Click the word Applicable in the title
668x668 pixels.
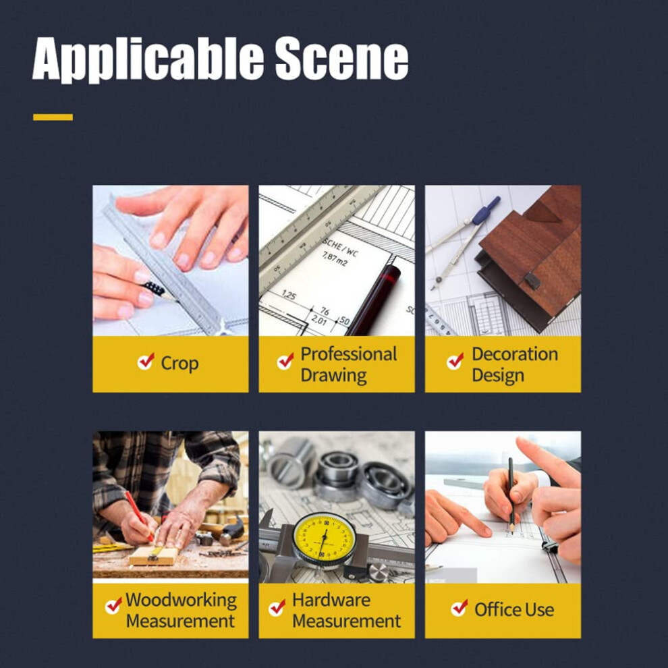tap(148, 59)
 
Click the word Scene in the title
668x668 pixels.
tap(341, 58)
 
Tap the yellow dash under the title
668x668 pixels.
tap(53, 117)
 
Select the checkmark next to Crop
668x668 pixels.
tap(146, 362)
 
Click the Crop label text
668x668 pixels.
tap(179, 364)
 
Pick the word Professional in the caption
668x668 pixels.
tap(348, 354)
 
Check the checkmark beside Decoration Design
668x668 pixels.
tap(455, 362)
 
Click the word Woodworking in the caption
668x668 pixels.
tap(181, 601)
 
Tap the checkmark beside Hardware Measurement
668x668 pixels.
tap(277, 608)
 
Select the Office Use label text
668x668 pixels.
tap(514, 610)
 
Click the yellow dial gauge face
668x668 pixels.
tap(325, 537)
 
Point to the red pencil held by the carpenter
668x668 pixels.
tap(139, 516)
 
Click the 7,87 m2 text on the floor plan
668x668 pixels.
tap(335, 258)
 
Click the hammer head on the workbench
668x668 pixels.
tap(233, 530)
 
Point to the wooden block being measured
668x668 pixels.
tap(154, 556)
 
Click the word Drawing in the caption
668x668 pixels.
tap(333, 375)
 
